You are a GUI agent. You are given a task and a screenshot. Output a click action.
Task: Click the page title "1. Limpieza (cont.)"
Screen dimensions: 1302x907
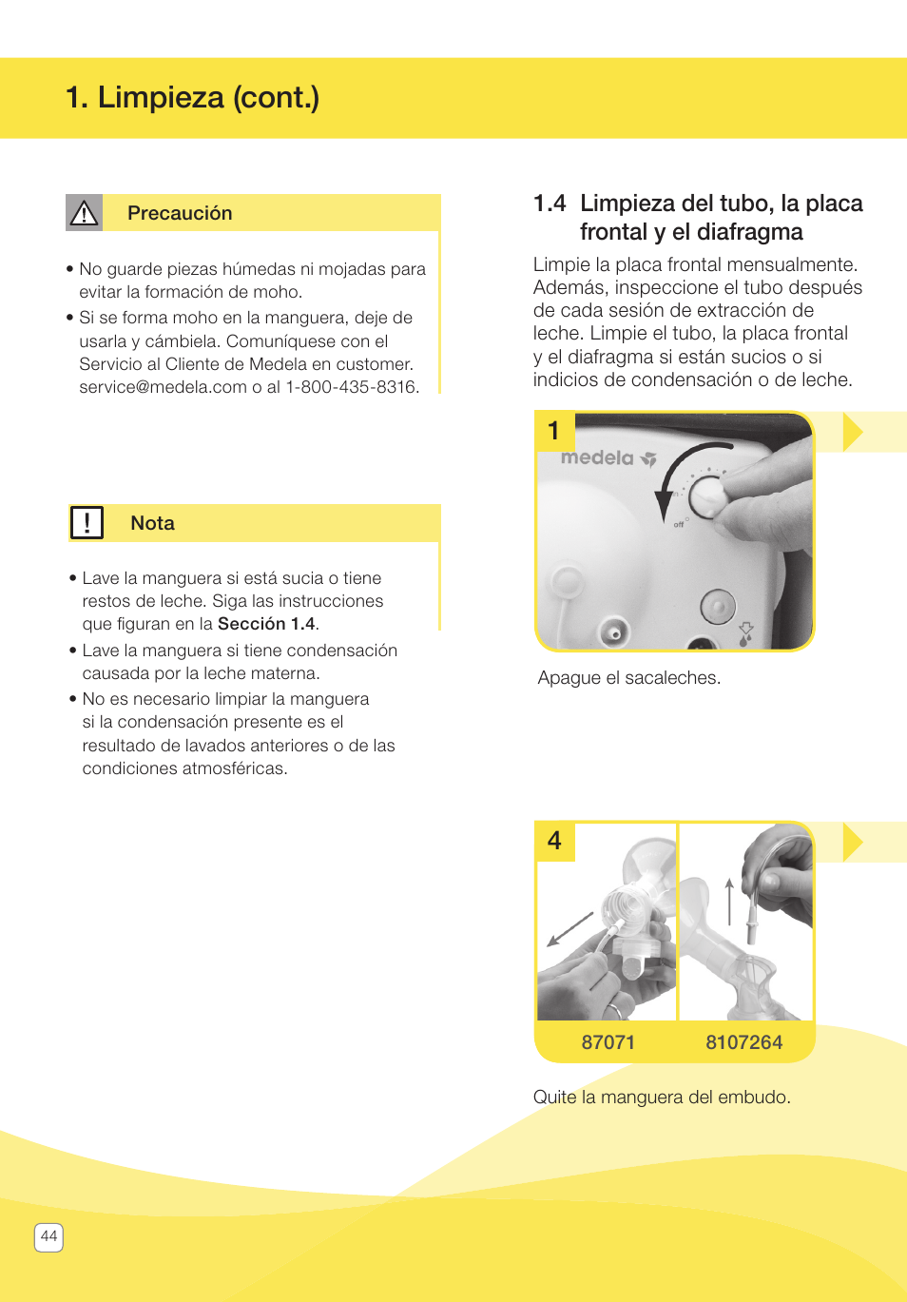coord(192,97)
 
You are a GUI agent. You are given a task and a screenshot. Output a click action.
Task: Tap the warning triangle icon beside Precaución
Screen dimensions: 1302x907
coord(84,213)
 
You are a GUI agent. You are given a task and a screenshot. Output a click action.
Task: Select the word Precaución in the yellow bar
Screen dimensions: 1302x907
coord(180,213)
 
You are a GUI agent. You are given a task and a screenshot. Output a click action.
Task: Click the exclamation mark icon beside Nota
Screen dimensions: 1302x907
coord(87,522)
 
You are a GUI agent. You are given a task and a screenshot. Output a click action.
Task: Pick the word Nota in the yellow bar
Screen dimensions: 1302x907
coord(152,523)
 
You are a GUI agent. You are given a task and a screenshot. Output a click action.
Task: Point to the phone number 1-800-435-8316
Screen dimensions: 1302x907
coord(351,387)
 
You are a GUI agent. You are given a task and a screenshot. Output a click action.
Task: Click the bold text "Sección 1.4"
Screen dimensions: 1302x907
coord(266,624)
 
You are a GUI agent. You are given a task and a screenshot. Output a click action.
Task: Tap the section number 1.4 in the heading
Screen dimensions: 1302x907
coord(549,204)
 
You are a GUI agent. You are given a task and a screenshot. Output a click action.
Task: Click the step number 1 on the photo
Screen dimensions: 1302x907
coord(554,431)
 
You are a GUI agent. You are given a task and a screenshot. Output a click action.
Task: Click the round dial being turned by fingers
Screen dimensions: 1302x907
coord(706,495)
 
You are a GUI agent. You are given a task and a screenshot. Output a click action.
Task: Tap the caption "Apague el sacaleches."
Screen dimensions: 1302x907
coord(628,678)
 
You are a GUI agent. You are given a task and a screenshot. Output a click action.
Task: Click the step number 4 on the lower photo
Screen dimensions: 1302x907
coord(554,841)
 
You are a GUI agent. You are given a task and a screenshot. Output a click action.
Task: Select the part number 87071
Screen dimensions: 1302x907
coord(608,1042)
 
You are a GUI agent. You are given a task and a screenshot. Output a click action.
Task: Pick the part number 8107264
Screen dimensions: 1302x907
coord(743,1042)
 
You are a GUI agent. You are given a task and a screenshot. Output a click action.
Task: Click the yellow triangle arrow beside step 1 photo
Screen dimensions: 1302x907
coord(852,432)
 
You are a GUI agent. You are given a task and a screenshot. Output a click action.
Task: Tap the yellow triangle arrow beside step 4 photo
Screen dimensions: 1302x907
coord(852,842)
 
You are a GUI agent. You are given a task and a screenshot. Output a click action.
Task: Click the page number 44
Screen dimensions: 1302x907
coord(48,1236)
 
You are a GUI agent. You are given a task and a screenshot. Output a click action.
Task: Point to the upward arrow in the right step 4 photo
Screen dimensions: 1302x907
coord(729,901)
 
